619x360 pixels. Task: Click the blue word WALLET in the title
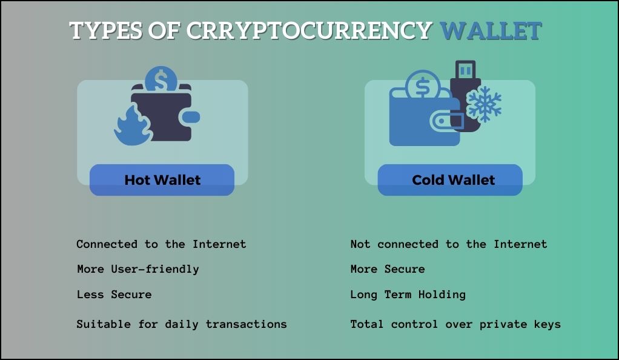pos(491,31)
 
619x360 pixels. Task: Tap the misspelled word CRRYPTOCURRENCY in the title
pos(309,31)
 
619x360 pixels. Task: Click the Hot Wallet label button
pos(162,180)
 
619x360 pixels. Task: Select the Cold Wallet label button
pos(450,180)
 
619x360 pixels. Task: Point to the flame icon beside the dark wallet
pos(133,125)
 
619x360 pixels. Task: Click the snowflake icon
pos(483,104)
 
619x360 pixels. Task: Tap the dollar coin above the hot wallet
pos(161,79)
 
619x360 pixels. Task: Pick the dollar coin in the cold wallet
pos(422,85)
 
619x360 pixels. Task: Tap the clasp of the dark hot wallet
pos(190,117)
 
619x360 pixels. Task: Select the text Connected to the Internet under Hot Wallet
pos(161,244)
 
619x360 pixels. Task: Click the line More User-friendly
pos(138,269)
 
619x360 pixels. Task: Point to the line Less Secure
pos(114,295)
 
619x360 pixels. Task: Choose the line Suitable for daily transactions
pos(182,324)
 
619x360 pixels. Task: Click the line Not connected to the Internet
pos(449,244)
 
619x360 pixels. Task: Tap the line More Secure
pos(388,269)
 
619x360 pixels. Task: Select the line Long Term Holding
pos(408,295)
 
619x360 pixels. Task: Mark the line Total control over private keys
pos(455,324)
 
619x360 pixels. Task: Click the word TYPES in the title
pos(106,31)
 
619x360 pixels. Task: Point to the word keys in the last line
pos(548,325)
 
